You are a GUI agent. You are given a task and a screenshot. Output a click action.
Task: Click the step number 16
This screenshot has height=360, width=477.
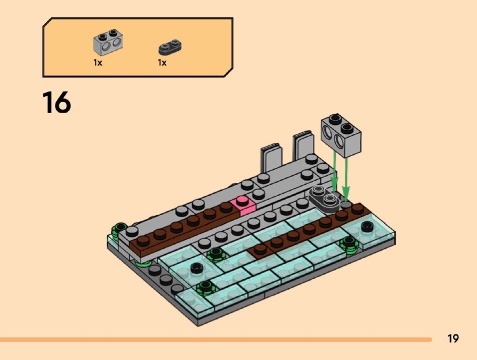(x=57, y=103)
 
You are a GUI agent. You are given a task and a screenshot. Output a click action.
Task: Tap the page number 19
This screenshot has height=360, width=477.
(x=453, y=338)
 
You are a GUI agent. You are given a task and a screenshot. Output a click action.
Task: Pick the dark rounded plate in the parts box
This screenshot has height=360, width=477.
(x=170, y=47)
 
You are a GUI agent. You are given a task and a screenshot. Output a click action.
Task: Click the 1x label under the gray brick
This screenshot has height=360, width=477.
(x=98, y=63)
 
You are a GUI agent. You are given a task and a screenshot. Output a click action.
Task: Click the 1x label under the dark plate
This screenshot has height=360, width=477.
(x=162, y=63)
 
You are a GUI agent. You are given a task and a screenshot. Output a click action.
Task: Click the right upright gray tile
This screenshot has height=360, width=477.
(x=303, y=146)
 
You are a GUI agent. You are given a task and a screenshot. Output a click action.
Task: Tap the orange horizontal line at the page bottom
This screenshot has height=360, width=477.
(x=216, y=339)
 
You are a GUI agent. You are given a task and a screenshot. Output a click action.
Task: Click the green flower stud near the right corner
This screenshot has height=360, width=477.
(x=349, y=245)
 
